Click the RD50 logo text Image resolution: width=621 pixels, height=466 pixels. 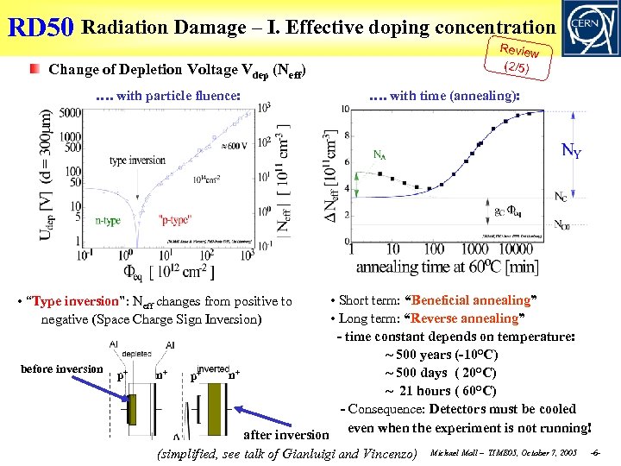(x=41, y=28)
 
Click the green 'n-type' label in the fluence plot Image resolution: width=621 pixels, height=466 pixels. (x=108, y=221)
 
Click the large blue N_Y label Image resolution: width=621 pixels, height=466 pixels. (x=571, y=153)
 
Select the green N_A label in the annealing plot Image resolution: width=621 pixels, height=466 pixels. (x=379, y=155)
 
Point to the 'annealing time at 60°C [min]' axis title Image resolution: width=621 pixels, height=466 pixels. (x=448, y=267)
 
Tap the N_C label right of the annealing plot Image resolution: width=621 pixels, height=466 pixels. (x=560, y=197)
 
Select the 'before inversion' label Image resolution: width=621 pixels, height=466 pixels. (x=61, y=368)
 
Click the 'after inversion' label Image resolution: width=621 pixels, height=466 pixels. (x=287, y=435)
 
